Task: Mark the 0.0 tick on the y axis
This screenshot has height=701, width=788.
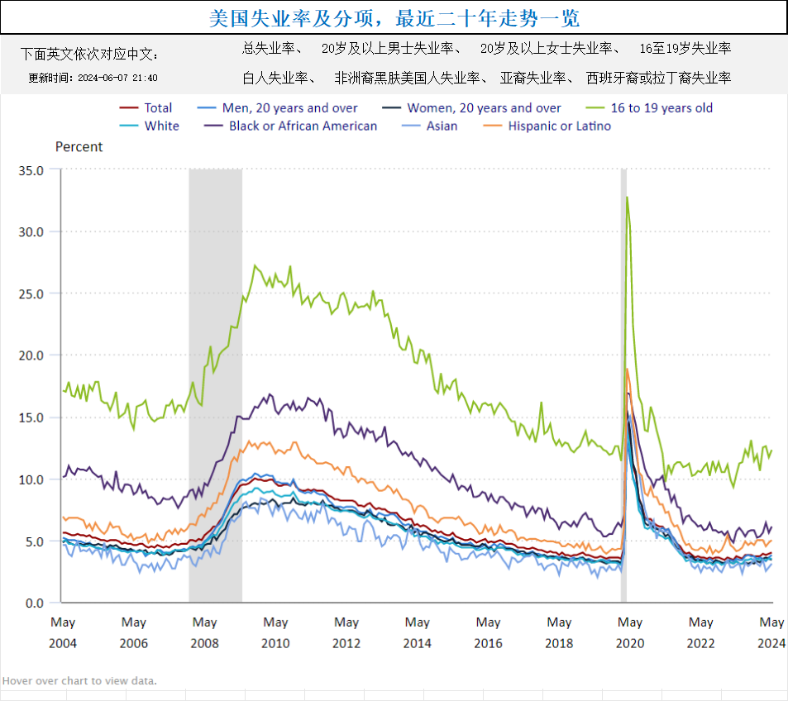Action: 33,603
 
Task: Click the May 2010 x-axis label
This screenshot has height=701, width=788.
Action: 275,632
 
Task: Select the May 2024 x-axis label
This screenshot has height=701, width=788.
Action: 771,632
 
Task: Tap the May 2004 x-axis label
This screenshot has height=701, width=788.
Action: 63,632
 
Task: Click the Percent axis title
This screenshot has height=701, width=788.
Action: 79,146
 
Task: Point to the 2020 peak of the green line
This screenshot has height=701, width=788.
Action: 628,198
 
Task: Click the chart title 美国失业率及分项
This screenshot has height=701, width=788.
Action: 394,17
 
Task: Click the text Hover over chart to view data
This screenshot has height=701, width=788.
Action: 79,681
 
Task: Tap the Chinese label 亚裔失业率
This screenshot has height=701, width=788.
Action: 533,79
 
